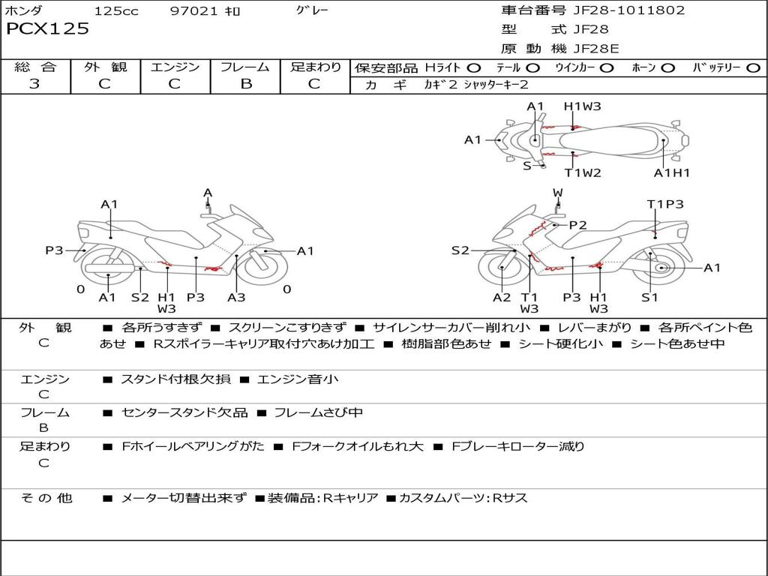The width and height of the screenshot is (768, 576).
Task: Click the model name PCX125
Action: click(x=47, y=29)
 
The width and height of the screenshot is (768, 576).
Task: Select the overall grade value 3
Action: click(x=34, y=84)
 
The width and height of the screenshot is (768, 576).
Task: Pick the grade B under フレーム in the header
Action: click(x=245, y=84)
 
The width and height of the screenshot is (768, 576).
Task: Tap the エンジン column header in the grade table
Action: click(x=175, y=67)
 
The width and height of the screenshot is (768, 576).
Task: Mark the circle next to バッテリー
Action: click(x=753, y=67)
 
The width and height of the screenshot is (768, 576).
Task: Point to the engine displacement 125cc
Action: click(x=116, y=11)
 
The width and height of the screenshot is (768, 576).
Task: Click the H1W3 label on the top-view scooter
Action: click(x=583, y=106)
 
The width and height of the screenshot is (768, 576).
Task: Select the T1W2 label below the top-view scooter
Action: click(x=583, y=173)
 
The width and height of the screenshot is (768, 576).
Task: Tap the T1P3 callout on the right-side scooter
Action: click(x=665, y=204)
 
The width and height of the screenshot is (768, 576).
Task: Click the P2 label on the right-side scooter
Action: click(x=577, y=225)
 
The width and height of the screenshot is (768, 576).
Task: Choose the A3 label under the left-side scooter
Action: click(x=236, y=297)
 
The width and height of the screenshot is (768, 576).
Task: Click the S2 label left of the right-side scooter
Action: click(x=460, y=251)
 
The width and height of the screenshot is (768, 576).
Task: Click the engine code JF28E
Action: click(x=596, y=49)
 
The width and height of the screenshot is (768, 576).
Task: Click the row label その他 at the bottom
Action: click(x=46, y=498)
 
